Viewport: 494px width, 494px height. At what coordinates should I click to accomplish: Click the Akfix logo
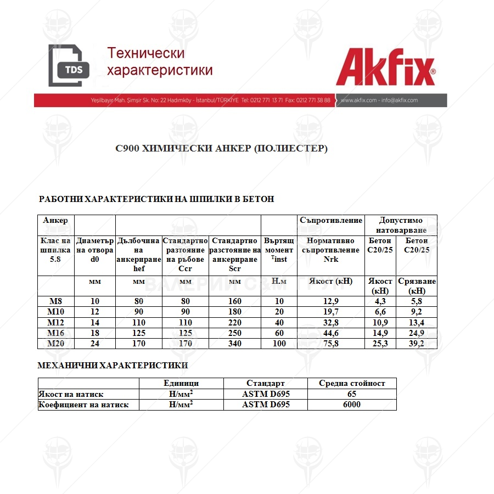pyautogui.click(x=386, y=69)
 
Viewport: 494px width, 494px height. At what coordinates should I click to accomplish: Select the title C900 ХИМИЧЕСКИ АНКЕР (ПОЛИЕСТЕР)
pyautogui.click(x=221, y=148)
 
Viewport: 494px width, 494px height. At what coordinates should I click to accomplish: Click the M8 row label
pyautogui.click(x=55, y=301)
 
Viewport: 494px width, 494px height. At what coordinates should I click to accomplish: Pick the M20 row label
pyautogui.click(x=55, y=344)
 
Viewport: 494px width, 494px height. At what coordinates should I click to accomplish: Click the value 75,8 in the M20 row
pyautogui.click(x=330, y=344)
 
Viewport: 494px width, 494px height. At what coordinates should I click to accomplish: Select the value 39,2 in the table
pyautogui.click(x=416, y=344)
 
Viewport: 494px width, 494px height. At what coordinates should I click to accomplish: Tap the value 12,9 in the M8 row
pyautogui.click(x=330, y=301)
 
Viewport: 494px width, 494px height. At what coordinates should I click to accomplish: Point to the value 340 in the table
pyautogui.click(x=234, y=344)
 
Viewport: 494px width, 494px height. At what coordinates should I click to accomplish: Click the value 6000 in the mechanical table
pyautogui.click(x=352, y=405)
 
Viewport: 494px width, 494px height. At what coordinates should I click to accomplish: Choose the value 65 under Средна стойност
pyautogui.click(x=352, y=394)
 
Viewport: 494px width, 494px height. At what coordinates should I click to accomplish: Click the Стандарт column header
pyautogui.click(x=266, y=383)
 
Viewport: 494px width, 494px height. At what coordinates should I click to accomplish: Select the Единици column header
pyautogui.click(x=181, y=383)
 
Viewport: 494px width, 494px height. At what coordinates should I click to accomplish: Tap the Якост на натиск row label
pyautogui.click(x=71, y=394)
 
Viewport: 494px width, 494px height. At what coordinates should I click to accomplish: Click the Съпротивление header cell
pyautogui.click(x=331, y=220)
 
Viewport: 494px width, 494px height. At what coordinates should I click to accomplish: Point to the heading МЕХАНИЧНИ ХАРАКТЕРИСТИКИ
pyautogui.click(x=113, y=365)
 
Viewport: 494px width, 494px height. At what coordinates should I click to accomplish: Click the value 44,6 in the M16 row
pyautogui.click(x=330, y=333)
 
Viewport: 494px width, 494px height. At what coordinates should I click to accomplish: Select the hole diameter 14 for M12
pyautogui.click(x=94, y=322)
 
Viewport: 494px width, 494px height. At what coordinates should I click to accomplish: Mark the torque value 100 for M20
pyautogui.click(x=279, y=344)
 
